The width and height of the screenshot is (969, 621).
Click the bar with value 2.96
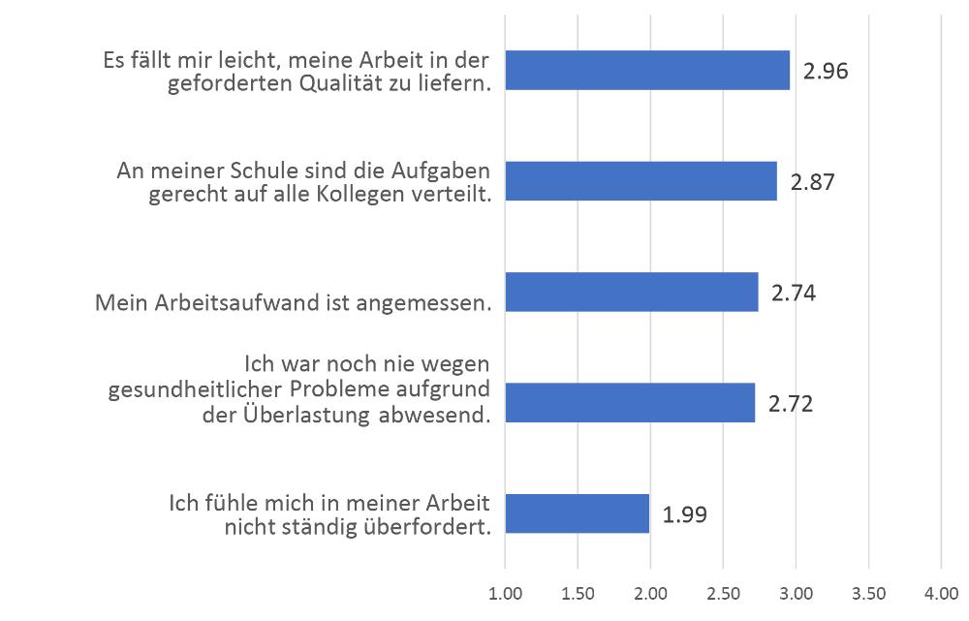(x=647, y=71)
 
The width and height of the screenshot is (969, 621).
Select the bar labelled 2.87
(x=641, y=181)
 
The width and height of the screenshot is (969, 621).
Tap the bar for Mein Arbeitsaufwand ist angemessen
(x=632, y=292)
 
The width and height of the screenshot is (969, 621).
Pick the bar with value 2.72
(x=630, y=402)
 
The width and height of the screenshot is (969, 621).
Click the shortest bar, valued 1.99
(x=578, y=513)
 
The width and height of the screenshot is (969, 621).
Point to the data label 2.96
(x=826, y=72)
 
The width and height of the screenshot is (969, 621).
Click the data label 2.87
(x=812, y=182)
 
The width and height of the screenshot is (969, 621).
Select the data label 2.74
(x=794, y=293)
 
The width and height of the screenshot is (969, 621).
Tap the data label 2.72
(x=790, y=403)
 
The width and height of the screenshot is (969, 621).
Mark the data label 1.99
(x=685, y=514)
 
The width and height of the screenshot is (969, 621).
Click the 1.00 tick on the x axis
(x=505, y=591)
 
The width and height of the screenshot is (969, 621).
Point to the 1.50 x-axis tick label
(x=578, y=591)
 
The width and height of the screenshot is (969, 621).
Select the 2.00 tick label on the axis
(x=650, y=591)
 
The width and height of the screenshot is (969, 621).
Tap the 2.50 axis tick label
(x=723, y=591)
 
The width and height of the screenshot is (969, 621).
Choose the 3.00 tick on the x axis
(x=796, y=591)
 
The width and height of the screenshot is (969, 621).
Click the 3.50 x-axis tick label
(x=868, y=591)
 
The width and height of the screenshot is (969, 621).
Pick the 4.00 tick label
(x=941, y=591)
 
